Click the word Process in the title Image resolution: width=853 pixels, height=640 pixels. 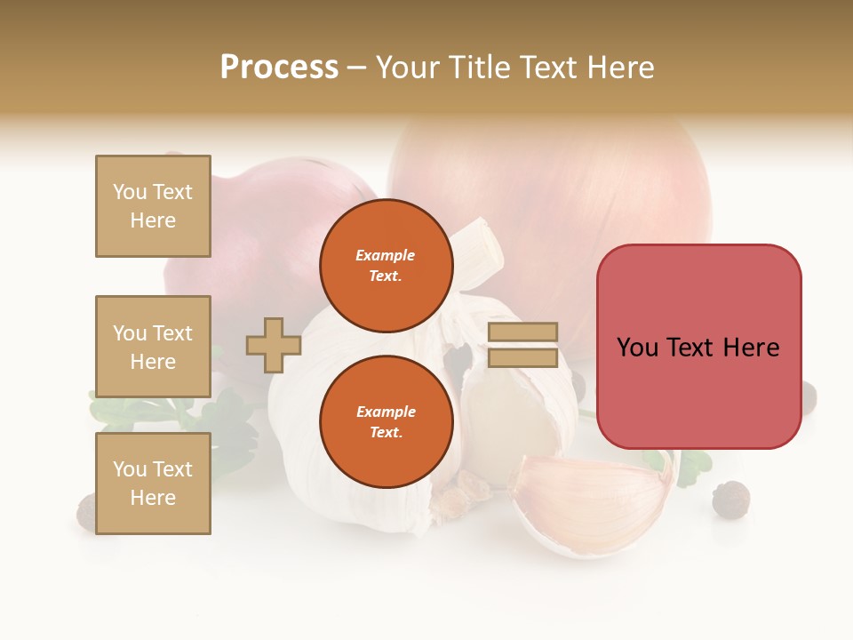279,67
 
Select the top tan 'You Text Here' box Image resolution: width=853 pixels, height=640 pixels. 153,206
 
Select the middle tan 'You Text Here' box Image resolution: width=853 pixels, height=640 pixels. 153,347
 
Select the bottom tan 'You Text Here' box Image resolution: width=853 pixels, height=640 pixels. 153,484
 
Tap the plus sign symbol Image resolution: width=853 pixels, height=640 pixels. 274,345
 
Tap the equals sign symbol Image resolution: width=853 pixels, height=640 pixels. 522,345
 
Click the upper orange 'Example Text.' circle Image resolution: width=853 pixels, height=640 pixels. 386,265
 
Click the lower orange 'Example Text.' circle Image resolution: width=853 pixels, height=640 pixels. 386,421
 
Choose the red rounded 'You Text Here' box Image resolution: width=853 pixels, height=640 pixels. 698,347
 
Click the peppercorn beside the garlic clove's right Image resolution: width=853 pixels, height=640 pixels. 730,499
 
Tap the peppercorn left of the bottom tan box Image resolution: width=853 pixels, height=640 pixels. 86,510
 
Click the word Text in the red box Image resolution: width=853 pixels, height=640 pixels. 698,347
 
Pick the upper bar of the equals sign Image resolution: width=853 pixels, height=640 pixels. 522,332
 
